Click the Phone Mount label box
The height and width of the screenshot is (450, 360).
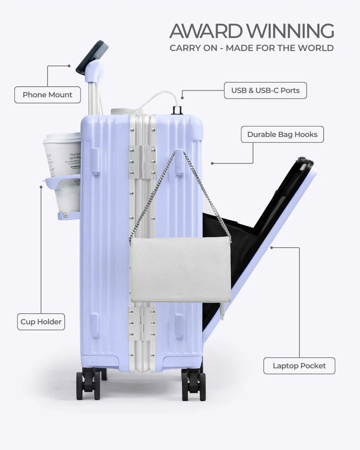47,95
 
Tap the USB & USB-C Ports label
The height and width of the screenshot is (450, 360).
265,90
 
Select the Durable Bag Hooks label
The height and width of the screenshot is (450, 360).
282,134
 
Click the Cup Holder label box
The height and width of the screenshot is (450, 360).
41,322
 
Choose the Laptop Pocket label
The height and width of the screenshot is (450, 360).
299,365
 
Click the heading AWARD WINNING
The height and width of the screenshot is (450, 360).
252,31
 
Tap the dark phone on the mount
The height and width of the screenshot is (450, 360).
92,56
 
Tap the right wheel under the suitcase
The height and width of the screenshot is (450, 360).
193,384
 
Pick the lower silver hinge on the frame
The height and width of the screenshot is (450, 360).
142,323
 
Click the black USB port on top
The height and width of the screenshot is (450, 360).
176,110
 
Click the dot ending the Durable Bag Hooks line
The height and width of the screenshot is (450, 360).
212,163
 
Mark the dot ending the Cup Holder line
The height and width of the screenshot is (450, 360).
41,187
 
